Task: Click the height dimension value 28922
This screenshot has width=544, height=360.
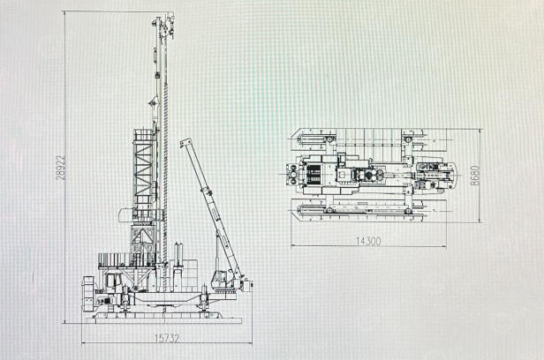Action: coord(61,168)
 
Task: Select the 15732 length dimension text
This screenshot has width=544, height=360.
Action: coord(167,338)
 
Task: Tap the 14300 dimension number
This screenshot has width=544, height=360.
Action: coord(368,241)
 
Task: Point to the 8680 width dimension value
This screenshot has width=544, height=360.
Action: coord(474,176)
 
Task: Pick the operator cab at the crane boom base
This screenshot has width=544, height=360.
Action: coord(221,280)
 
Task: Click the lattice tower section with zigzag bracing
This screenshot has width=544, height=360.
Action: coord(143,169)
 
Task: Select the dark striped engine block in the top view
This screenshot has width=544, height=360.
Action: coord(314,175)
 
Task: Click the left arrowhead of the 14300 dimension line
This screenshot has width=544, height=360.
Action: coord(292,246)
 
